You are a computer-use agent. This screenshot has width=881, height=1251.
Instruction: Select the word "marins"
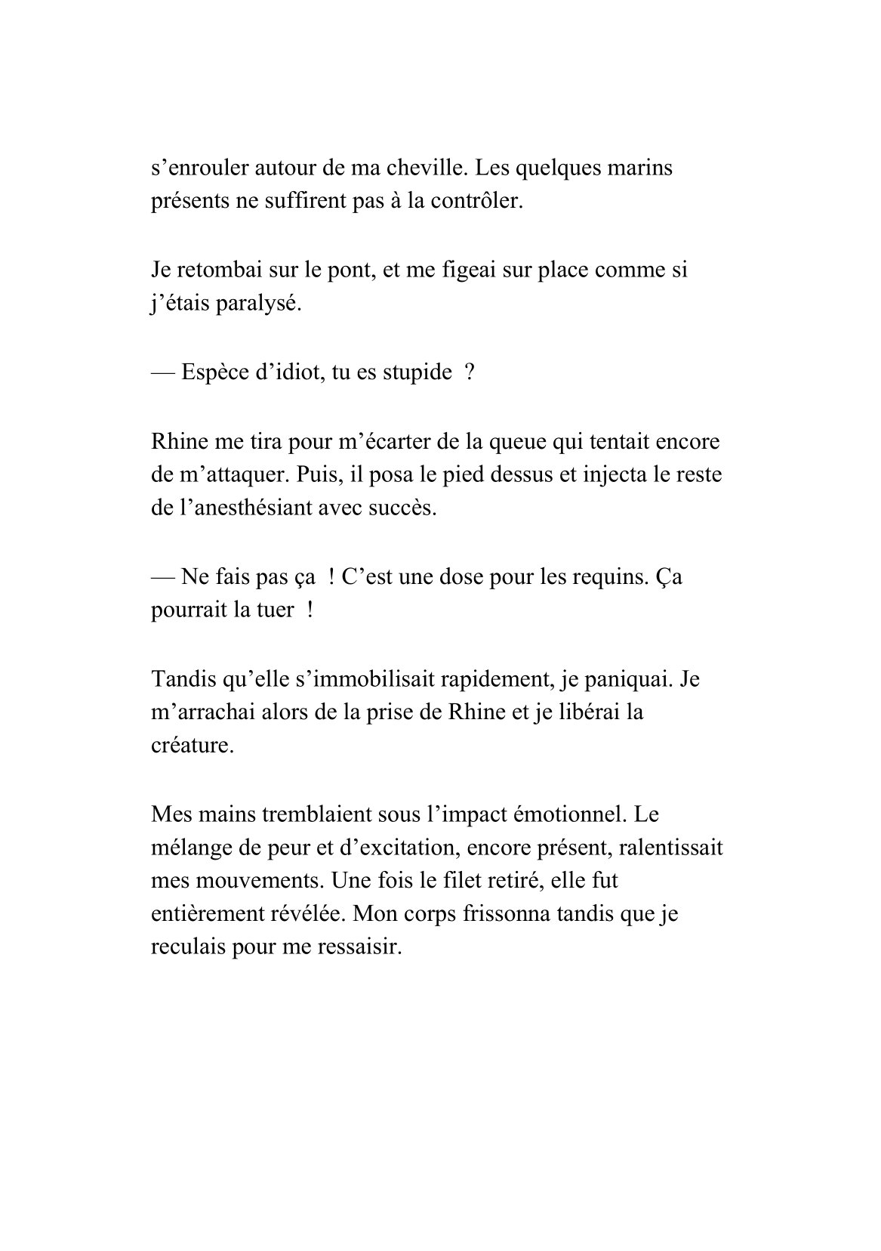tap(640, 168)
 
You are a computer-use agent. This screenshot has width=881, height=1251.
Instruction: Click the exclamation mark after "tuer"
tap(310, 610)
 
